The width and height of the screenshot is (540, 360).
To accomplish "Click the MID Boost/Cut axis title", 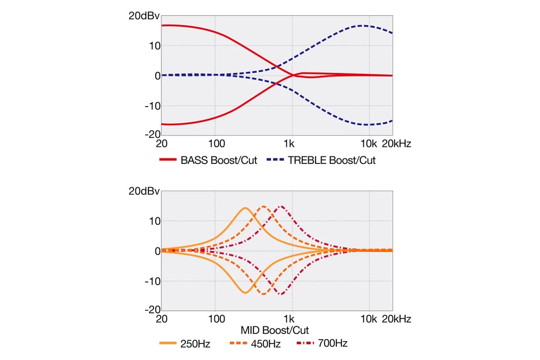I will click(274, 330).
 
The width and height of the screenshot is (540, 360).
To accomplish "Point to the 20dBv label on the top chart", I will click(144, 16).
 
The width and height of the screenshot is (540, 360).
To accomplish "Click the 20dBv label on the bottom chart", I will click(144, 191).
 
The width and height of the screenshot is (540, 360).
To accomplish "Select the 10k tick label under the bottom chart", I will click(369, 319).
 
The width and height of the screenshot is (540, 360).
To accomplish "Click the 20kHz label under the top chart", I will click(396, 144).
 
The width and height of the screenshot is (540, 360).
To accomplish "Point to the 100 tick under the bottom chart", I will click(216, 319).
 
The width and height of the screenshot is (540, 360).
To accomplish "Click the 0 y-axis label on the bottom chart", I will click(157, 251).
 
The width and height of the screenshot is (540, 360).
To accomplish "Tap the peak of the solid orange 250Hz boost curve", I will click(245, 208).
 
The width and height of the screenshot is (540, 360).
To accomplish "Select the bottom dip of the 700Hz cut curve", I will click(281, 294).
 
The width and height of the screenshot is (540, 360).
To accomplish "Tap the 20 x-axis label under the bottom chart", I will click(162, 319).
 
